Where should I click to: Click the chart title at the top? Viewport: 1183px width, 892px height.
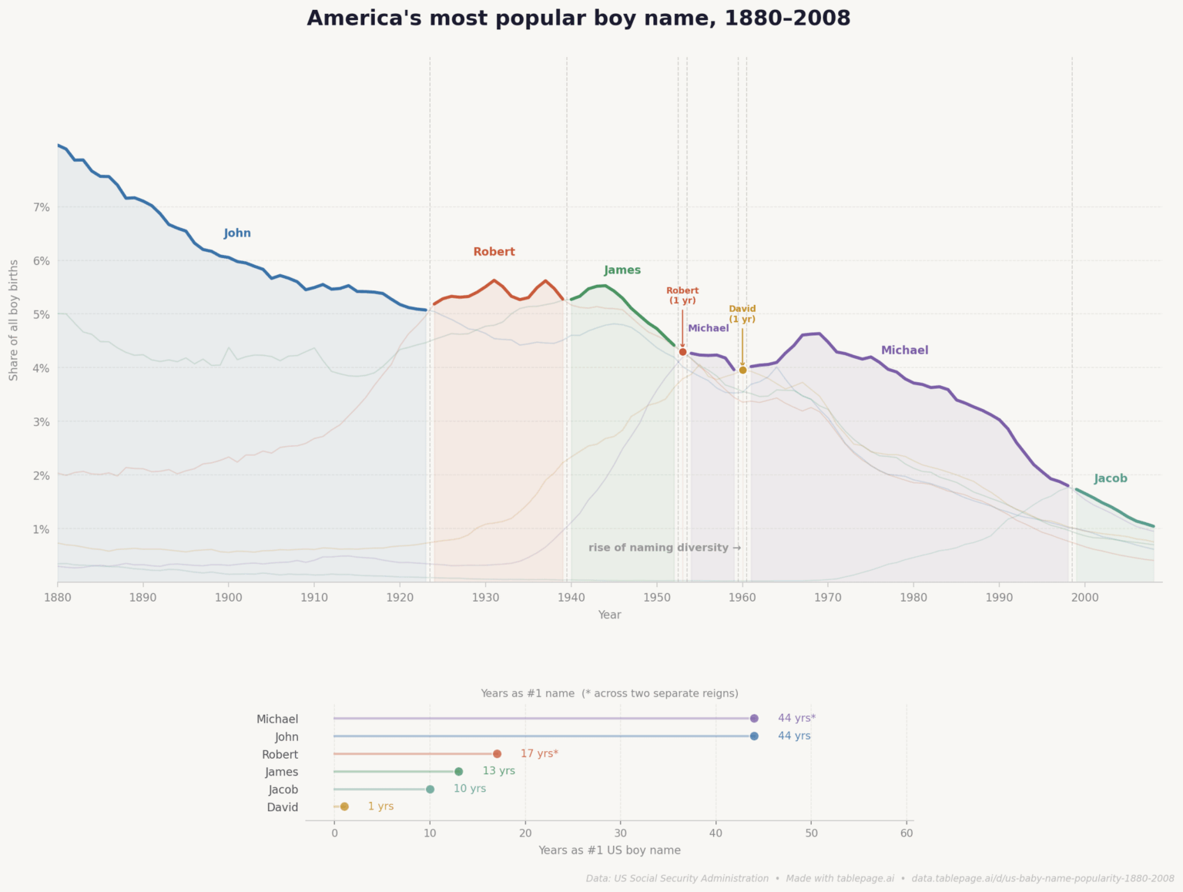[x=578, y=18]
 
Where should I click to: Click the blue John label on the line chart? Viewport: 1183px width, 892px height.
[x=237, y=233]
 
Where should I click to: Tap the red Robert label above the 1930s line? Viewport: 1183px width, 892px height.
[x=494, y=252]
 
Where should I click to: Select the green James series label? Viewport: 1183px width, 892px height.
[x=622, y=270]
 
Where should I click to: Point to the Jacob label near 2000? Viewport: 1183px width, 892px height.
[x=1111, y=478]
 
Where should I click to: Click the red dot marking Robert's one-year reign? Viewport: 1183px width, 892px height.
[x=682, y=352]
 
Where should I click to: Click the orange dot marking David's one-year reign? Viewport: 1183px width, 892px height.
[x=742, y=371]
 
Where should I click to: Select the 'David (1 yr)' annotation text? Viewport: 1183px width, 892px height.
[x=742, y=314]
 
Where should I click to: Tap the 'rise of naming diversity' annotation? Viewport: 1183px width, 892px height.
[x=665, y=548]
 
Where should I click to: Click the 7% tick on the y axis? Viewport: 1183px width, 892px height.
[x=41, y=207]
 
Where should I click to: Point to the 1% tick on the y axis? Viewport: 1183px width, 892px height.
[x=41, y=529]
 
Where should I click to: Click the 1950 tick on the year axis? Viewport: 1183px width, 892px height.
[x=656, y=597]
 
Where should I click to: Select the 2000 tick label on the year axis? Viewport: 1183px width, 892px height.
[x=1084, y=597]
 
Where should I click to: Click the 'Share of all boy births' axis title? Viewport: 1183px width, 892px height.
[x=14, y=320]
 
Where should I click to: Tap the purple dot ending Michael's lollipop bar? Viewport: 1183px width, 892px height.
[x=754, y=719]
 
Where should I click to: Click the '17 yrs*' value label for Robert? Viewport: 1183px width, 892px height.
[x=539, y=753]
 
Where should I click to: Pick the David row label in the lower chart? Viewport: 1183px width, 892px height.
[x=283, y=807]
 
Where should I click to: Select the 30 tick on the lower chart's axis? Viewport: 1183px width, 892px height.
[x=620, y=833]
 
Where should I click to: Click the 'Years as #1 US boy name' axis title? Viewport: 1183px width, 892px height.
[x=609, y=850]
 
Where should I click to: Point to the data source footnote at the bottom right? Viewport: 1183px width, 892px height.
[x=880, y=878]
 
